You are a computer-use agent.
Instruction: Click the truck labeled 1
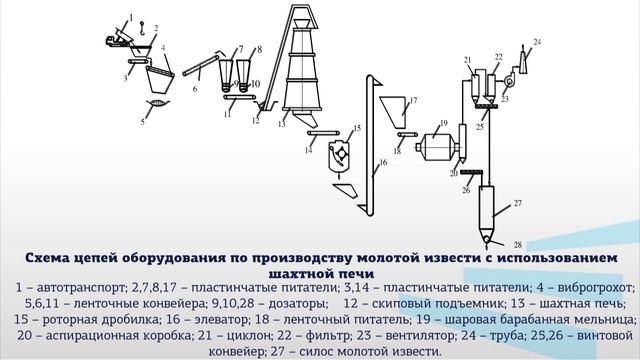(x=122, y=39)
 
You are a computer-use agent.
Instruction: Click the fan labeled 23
(x=504, y=84)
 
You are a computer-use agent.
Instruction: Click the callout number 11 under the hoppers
(x=228, y=115)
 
